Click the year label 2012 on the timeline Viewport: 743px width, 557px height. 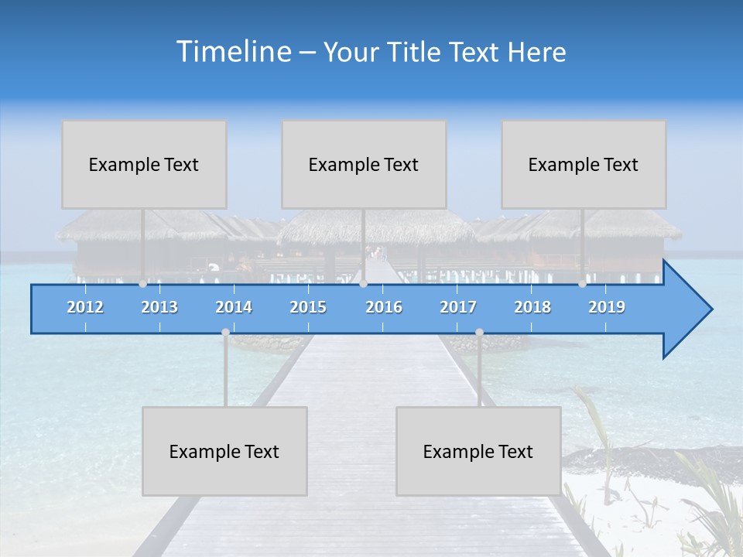tap(85, 307)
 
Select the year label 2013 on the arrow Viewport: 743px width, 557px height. tap(159, 307)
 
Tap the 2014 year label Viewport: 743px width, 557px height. tap(234, 307)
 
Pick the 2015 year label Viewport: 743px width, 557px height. tap(308, 307)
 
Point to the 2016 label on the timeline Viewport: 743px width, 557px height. tap(384, 307)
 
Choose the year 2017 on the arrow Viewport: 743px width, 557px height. tap(458, 307)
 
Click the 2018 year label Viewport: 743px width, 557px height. tap(532, 307)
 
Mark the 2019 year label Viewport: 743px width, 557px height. tap(607, 307)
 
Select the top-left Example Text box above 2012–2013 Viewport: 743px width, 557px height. tap(144, 164)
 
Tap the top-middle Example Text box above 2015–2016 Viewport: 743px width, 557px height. tap(364, 164)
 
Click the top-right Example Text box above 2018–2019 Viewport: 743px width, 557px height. tap(584, 164)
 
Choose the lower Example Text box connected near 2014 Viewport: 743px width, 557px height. tap(224, 451)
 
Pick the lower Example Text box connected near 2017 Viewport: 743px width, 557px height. tap(478, 451)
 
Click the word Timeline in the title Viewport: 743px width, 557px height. tap(233, 52)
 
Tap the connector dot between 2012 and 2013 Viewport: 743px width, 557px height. tap(142, 284)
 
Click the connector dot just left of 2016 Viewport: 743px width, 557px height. tap(363, 284)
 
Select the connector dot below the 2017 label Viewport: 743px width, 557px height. tap(479, 332)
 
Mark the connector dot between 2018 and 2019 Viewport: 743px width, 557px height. tap(582, 284)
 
